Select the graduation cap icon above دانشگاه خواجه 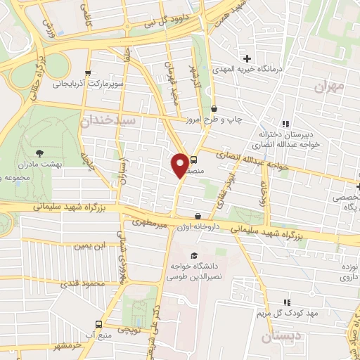pyautogui.click(x=194, y=255)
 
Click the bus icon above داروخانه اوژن pyautogui.click(x=198, y=217)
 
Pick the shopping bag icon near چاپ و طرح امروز pyautogui.click(x=214, y=109)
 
